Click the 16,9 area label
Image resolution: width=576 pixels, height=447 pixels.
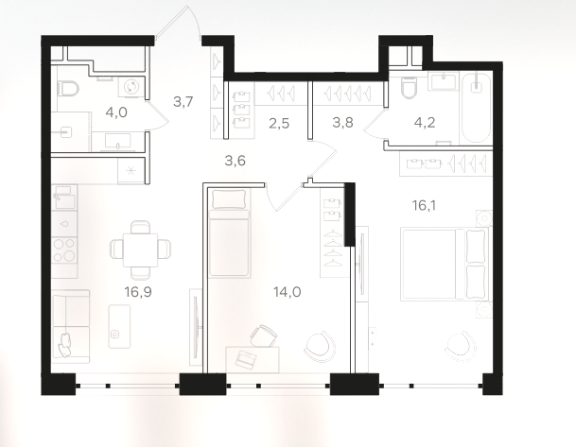(138, 292)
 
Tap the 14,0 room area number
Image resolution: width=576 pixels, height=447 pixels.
(288, 292)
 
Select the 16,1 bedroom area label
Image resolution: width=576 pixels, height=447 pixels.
(424, 206)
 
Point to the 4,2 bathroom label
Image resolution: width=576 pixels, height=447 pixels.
(425, 123)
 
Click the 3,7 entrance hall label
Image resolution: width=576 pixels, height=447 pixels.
(183, 101)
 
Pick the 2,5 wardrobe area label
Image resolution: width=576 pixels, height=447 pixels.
(279, 124)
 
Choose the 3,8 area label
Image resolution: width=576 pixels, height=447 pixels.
(342, 123)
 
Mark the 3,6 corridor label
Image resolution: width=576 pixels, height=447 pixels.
(236, 161)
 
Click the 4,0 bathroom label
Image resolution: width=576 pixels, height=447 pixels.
(116, 112)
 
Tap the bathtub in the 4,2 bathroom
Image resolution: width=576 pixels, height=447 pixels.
(476, 109)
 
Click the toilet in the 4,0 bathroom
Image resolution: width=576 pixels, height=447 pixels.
(69, 89)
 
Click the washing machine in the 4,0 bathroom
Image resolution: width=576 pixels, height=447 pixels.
(131, 88)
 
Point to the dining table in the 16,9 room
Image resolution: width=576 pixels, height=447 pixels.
(140, 249)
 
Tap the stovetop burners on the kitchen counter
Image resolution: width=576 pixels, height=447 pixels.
(64, 249)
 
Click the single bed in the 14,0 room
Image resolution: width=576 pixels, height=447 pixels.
(230, 232)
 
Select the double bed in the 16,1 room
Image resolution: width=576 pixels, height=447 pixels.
(445, 264)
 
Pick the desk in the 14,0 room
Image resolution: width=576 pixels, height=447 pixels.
(252, 360)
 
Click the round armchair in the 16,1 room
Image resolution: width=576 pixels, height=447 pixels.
(461, 346)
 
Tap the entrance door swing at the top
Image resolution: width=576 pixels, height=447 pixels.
(179, 22)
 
